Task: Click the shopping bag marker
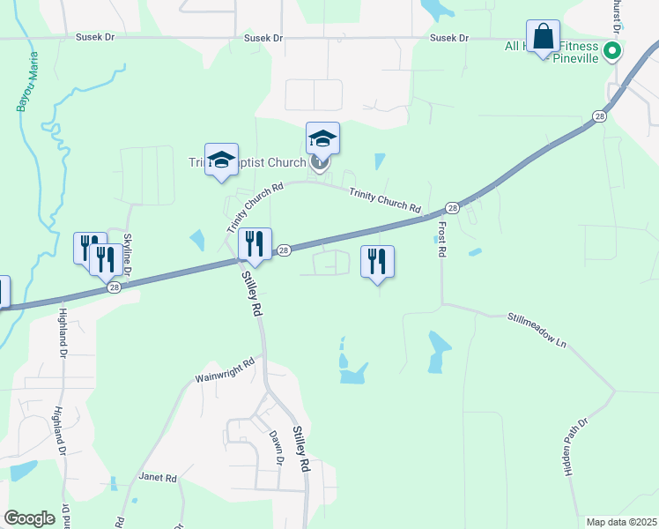544,38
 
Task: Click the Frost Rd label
441,239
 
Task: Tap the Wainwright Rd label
224,371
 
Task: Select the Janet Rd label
158,477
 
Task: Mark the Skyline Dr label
127,255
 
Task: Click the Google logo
29,518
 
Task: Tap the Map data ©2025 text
621,522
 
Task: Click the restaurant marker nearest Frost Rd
377,262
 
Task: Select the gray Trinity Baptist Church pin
321,162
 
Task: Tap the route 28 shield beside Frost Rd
452,208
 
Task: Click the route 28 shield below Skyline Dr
114,287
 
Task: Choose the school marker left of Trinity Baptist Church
221,160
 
